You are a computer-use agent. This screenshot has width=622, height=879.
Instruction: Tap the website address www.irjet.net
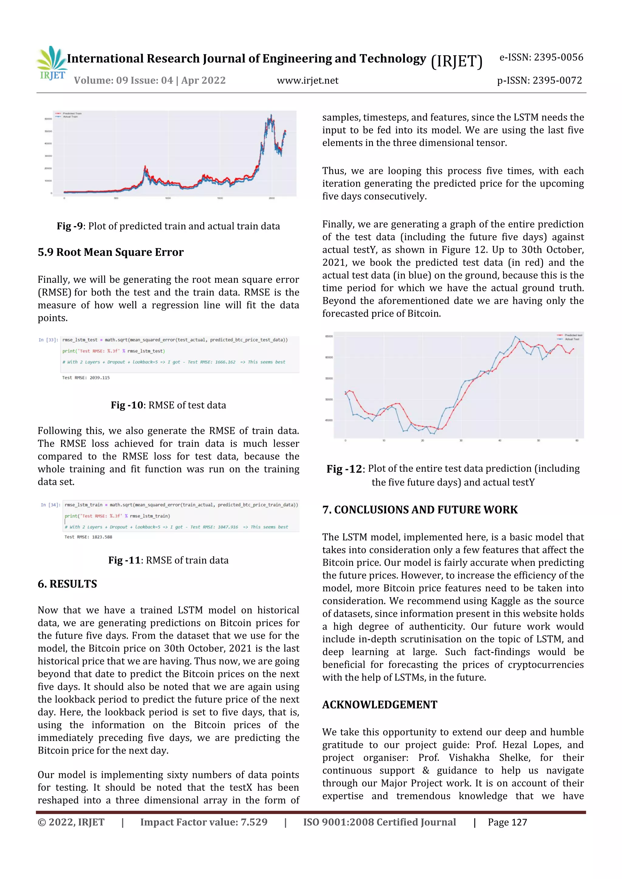point(307,80)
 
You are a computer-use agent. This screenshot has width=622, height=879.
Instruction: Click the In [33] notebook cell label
point(48,340)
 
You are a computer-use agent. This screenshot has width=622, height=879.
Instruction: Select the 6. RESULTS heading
point(67,584)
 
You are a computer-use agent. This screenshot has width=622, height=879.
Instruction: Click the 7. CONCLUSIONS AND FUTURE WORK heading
point(420,509)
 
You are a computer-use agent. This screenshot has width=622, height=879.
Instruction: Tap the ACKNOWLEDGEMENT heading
point(379,705)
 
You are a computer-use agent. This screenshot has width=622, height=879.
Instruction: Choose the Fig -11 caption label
point(125,560)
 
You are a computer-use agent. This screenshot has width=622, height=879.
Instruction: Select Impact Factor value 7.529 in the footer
point(203,822)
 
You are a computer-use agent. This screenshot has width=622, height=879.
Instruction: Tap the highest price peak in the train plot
point(271,115)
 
